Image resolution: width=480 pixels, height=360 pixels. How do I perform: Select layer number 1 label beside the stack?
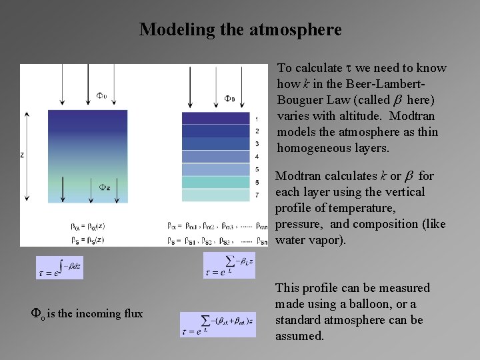click(257, 119)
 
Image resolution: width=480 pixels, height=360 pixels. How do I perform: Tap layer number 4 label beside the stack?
click(257, 157)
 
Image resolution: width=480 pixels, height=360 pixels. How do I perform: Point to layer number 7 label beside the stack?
click(257, 195)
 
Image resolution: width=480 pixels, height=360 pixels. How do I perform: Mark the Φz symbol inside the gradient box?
click(105, 187)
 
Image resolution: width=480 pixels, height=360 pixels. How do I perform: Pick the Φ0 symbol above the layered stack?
click(229, 99)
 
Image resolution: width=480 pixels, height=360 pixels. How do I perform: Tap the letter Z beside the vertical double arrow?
click(22, 155)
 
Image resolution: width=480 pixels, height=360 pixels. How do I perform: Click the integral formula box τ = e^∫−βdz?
click(59, 267)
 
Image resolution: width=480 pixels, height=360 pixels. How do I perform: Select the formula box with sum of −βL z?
click(229, 265)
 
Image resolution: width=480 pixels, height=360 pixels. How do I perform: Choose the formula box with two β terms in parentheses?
click(217, 325)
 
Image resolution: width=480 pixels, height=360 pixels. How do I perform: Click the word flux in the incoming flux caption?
click(131, 313)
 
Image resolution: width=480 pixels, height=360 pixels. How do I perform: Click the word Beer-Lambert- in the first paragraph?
click(386, 84)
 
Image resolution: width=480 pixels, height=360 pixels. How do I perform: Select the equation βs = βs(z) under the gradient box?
click(87, 239)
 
